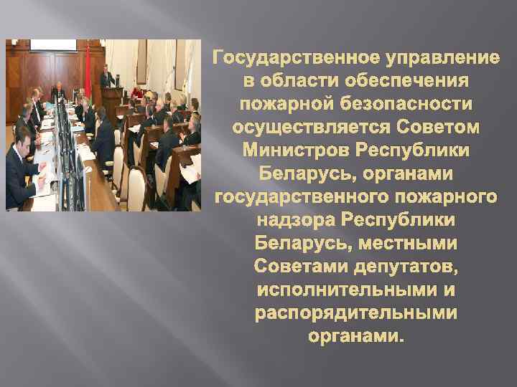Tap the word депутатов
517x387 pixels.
point(405,267)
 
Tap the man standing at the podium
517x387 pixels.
point(106,77)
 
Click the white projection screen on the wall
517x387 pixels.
point(52,44)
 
